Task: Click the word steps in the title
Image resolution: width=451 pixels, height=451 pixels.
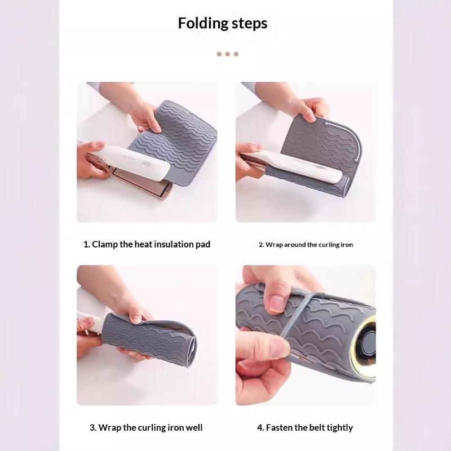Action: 249,23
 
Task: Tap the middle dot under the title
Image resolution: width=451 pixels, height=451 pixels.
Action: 228,54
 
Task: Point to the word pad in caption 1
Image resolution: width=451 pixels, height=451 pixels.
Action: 203,245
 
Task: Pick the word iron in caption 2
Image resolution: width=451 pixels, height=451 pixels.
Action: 347,245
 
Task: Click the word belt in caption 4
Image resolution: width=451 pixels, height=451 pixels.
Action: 316,427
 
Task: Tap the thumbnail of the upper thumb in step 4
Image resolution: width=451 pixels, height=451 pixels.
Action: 277,304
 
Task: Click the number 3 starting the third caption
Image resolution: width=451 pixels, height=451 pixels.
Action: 92,428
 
